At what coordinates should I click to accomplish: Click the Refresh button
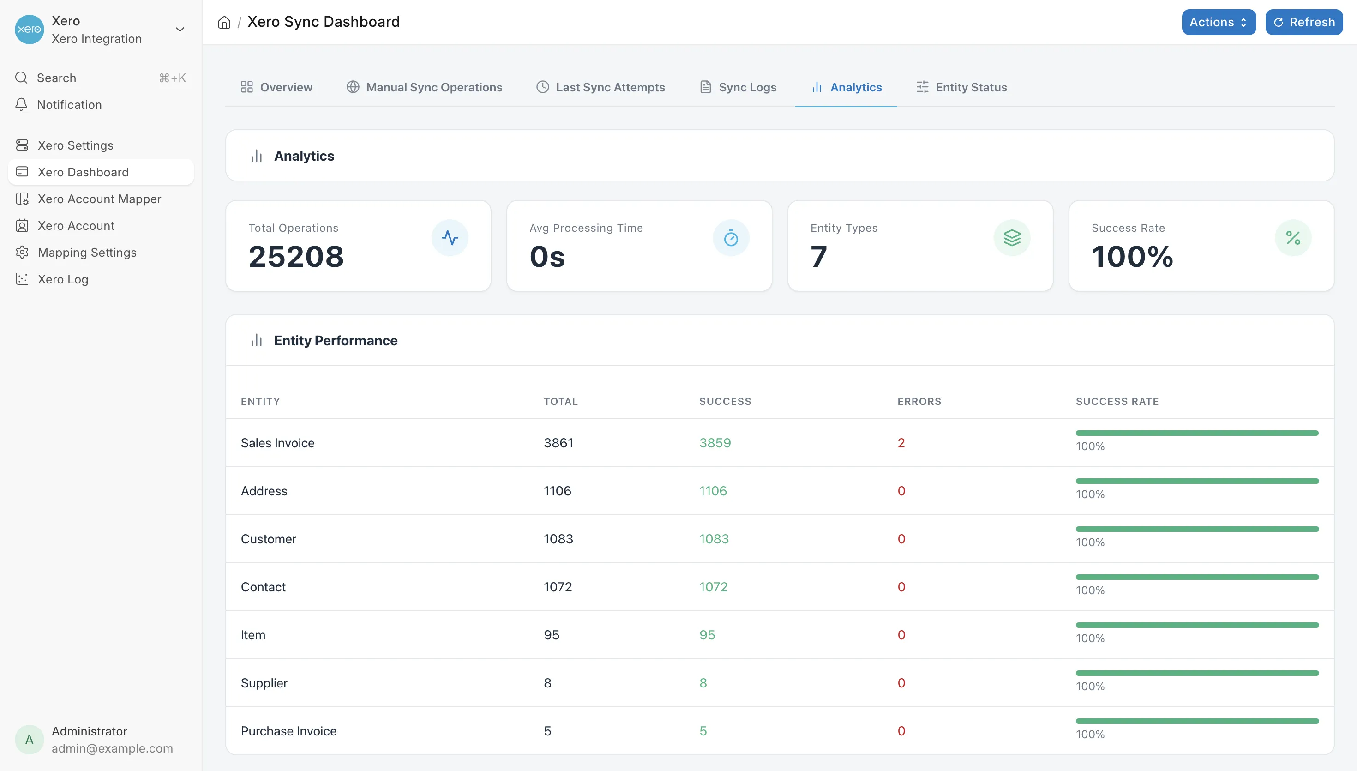(1303, 22)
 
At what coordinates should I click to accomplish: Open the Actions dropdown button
(1219, 22)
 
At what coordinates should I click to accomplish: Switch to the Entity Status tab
(961, 87)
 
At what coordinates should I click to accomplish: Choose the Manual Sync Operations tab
(425, 87)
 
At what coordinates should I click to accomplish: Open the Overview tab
(276, 87)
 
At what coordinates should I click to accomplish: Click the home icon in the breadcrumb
(224, 22)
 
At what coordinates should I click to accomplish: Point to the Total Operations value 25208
(296, 257)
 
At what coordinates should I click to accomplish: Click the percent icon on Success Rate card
(1293, 238)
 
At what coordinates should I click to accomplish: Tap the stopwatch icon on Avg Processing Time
(731, 238)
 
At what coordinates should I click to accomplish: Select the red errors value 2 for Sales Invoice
(901, 443)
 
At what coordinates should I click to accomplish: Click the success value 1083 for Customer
(714, 539)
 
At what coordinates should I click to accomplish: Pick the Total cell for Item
(552, 635)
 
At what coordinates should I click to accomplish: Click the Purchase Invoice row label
(288, 731)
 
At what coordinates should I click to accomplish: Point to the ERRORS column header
(919, 401)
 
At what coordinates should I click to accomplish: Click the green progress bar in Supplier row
(1197, 673)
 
